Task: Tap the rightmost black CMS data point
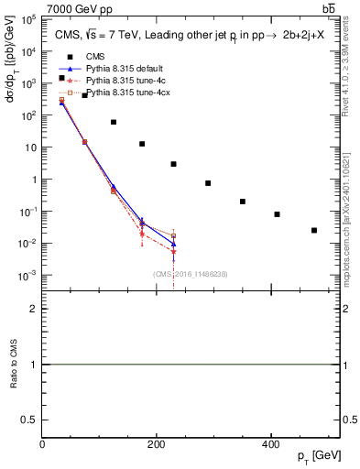tap(314, 230)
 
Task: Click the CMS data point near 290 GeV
tap(208, 183)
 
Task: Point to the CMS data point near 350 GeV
tap(243, 202)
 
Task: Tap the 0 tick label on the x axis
tap(42, 444)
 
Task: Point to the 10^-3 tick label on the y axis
tap(27, 276)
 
